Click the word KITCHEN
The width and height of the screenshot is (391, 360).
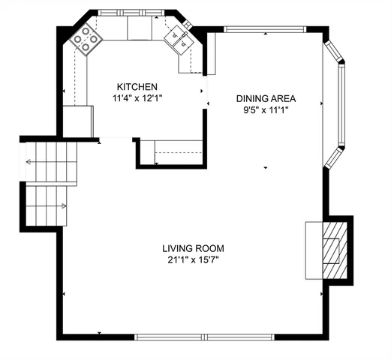(136, 86)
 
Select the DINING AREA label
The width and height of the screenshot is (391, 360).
(266, 98)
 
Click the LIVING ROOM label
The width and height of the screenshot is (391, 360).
(193, 248)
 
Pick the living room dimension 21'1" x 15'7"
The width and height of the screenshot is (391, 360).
(193, 260)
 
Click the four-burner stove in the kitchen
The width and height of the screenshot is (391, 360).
(86, 41)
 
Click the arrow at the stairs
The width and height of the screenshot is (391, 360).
(30, 161)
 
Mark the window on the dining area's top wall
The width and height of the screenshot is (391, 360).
(264, 30)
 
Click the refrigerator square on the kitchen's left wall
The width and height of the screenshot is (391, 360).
(77, 120)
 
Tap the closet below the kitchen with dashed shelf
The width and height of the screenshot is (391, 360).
(179, 151)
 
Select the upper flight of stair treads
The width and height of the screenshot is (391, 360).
(53, 163)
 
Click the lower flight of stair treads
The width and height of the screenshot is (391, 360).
(47, 205)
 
